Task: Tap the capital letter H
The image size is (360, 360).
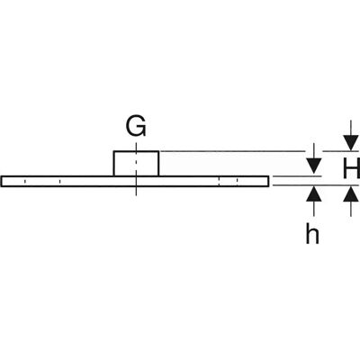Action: [x=352, y=168]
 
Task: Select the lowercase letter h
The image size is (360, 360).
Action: [x=312, y=235]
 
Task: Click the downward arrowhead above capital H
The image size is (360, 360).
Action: [x=351, y=143]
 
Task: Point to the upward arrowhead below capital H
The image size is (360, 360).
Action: [x=351, y=193]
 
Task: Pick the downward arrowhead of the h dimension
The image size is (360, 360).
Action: [x=314, y=166]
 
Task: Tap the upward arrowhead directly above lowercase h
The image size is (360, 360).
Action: [x=314, y=193]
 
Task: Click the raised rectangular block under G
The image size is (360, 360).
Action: [x=136, y=164]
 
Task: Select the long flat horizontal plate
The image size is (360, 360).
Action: [x=135, y=181]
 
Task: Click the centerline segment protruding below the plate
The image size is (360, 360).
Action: [x=136, y=192]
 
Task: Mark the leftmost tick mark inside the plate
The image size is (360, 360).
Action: [x=25, y=181]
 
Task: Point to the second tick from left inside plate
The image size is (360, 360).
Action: [x=59, y=181]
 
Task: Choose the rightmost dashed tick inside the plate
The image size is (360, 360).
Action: [x=238, y=181]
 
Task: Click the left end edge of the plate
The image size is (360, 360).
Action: [x=2, y=181]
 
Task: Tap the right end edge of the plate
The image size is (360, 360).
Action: [x=268, y=181]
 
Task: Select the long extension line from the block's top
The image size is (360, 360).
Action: [x=232, y=151]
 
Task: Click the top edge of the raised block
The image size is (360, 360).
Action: [x=136, y=151]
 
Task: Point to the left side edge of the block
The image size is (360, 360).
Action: [x=113, y=164]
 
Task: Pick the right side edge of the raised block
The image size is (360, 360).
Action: [x=158, y=164]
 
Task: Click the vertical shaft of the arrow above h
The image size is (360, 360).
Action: [x=314, y=208]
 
